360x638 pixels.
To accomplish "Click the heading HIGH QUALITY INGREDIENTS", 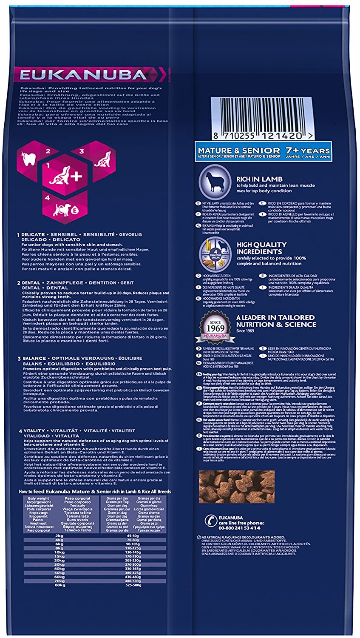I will coord(261,248).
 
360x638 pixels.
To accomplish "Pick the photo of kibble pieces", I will coord(237,486).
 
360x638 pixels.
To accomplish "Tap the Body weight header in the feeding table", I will coord(39,498).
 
